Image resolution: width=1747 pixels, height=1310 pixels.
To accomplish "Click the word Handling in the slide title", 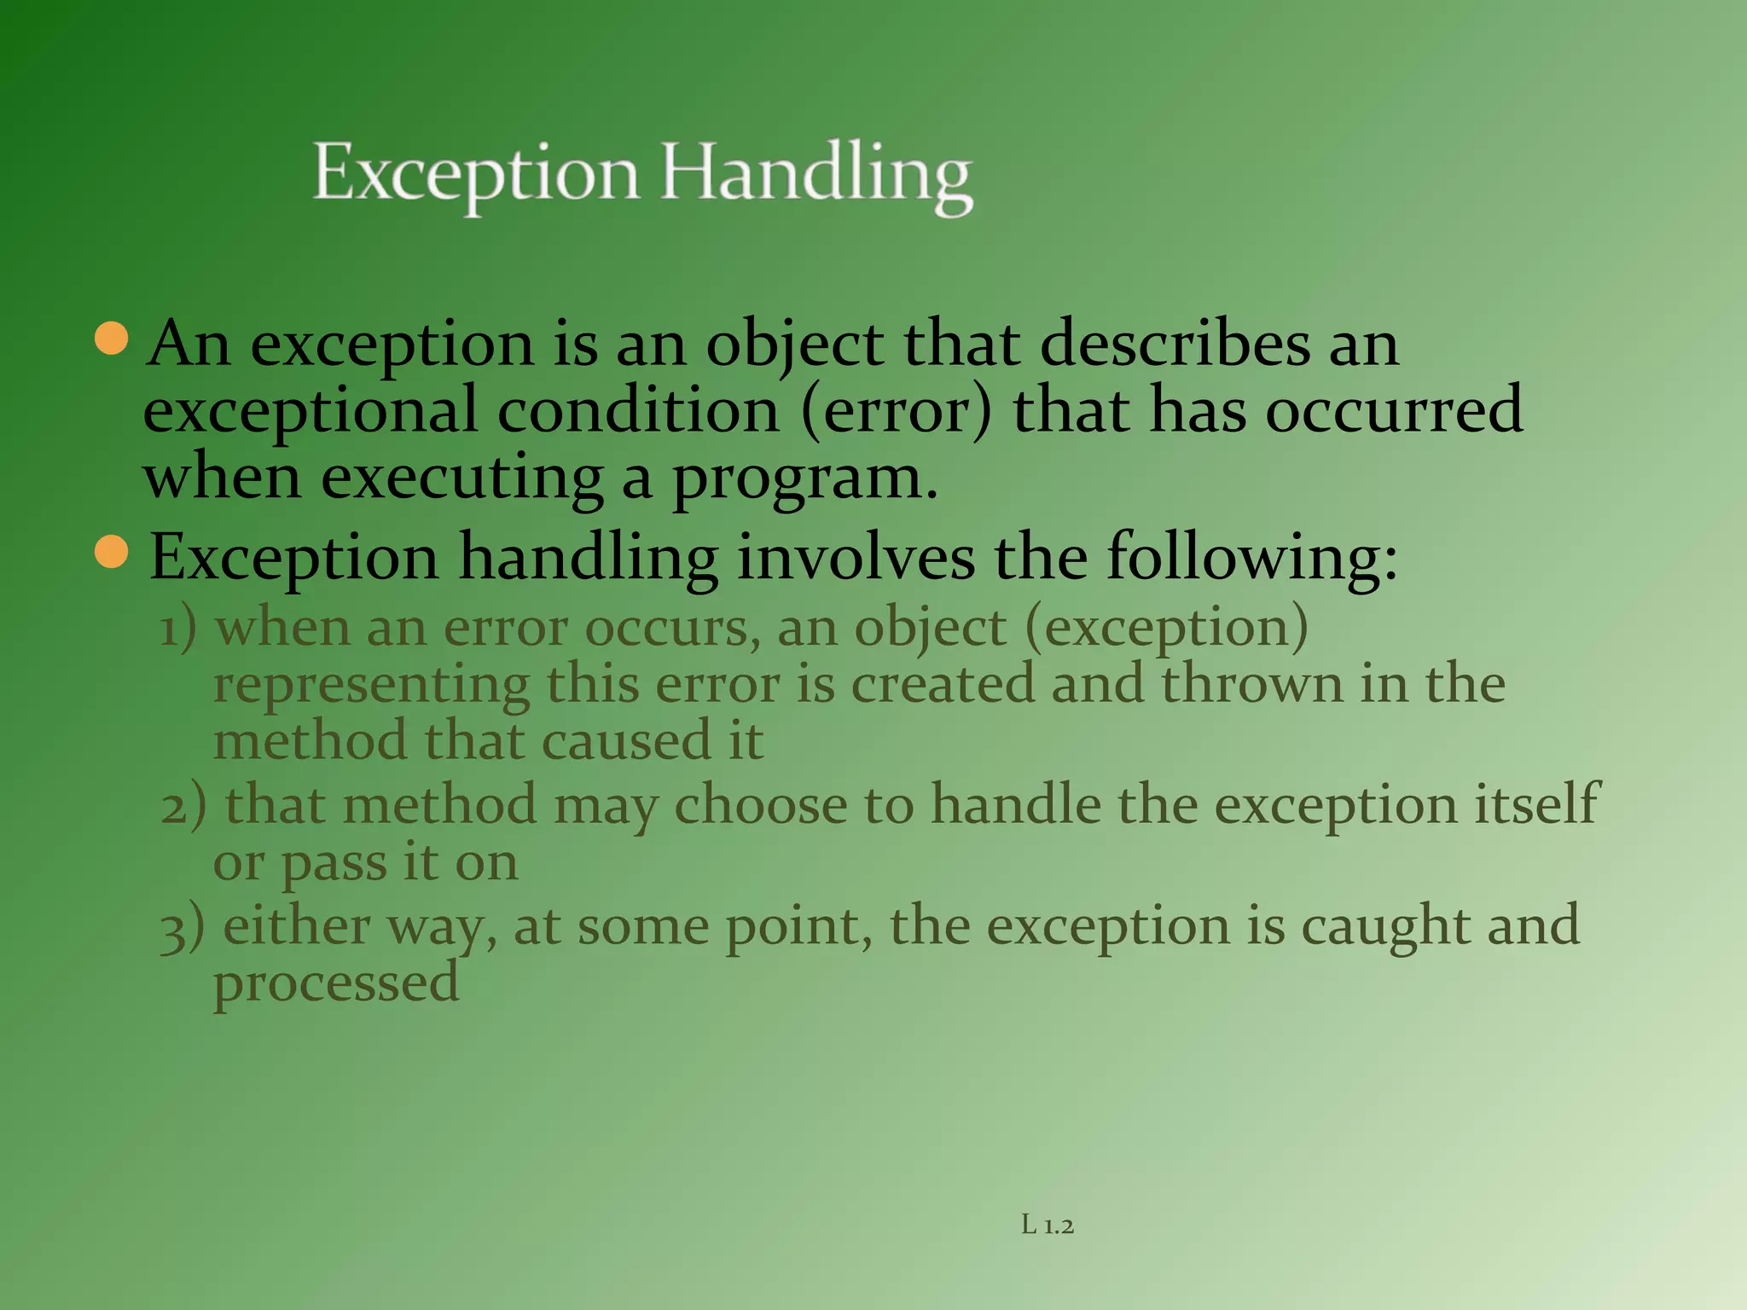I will pyautogui.click(x=816, y=175).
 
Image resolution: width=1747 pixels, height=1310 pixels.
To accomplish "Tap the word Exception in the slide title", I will pyautogui.click(x=476, y=175).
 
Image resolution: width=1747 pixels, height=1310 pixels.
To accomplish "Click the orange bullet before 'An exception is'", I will pyautogui.click(x=112, y=339).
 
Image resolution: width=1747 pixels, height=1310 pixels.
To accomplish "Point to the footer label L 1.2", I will pyautogui.click(x=1048, y=1226).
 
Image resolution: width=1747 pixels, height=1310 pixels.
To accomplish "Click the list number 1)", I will pyautogui.click(x=178, y=629).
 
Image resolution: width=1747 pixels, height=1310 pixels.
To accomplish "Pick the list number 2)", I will pyautogui.click(x=183, y=806).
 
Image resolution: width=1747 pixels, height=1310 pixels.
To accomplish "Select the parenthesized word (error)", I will pyautogui.click(x=897, y=411).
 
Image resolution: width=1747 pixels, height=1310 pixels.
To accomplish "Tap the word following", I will pyautogui.click(x=1252, y=559).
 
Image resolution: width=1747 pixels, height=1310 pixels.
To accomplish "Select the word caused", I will pyautogui.click(x=626, y=740).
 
